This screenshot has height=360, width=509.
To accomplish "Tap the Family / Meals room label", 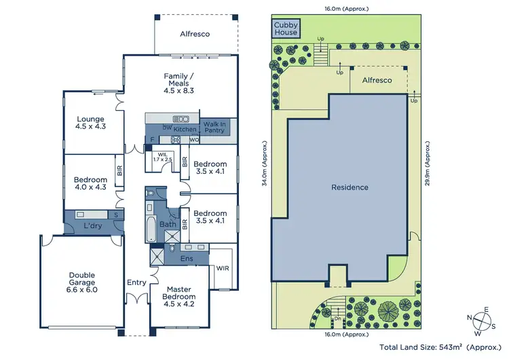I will click(x=180, y=83).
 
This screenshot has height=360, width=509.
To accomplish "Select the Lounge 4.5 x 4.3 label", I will click(x=90, y=122).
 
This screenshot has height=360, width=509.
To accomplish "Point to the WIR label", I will click(x=223, y=268).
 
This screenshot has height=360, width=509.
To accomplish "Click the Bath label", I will click(x=168, y=224).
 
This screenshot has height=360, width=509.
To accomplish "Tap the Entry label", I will click(x=136, y=282).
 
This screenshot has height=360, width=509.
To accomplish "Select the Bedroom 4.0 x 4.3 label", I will click(x=90, y=184).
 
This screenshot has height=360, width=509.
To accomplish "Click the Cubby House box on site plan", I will click(x=286, y=29).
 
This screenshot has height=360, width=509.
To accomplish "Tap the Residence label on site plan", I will click(x=350, y=187).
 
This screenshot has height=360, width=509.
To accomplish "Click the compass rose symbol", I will click(x=485, y=319).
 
